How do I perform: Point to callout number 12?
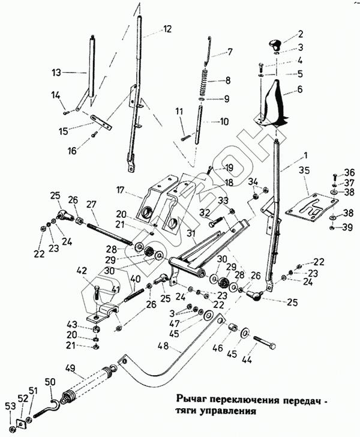tap(167, 28)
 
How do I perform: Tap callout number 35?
tap(304, 170)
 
